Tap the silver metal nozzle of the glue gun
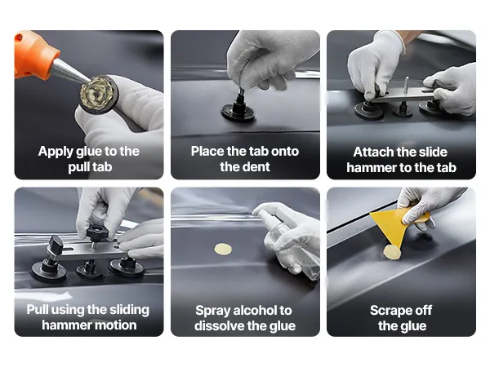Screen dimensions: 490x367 69,71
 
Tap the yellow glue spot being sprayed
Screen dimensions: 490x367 223,249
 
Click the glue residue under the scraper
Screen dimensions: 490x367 392,252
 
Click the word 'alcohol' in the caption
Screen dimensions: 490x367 256,310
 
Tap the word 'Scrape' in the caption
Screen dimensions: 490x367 390,311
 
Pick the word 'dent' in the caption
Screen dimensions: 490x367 257,166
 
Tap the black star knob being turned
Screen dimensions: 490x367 97,232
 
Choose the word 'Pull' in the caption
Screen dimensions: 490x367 38,310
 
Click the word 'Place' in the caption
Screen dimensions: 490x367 207,152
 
